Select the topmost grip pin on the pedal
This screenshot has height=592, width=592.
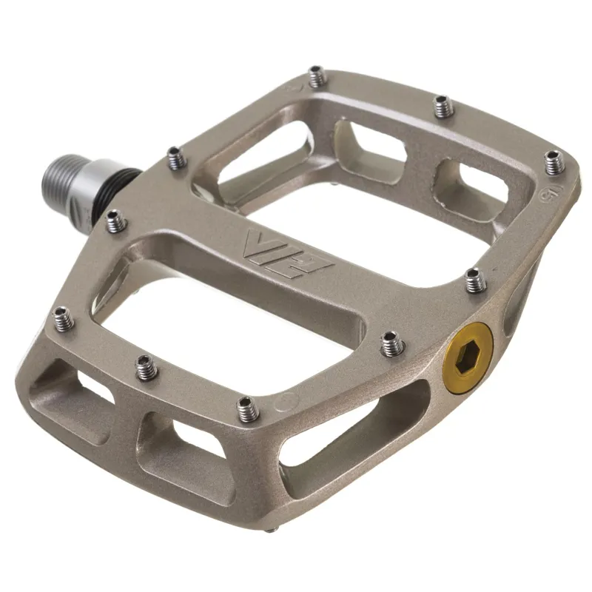(317, 75)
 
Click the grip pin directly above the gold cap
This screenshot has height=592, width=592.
(474, 279)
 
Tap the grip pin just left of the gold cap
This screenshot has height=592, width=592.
(391, 342)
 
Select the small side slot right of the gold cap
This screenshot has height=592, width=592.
(517, 303)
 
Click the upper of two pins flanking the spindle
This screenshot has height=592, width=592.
(175, 156)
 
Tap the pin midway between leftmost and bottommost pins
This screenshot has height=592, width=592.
(146, 365)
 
